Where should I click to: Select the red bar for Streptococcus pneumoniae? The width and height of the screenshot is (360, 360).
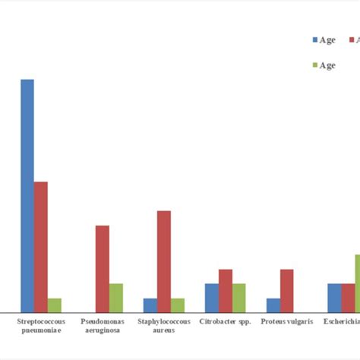tap(41, 246)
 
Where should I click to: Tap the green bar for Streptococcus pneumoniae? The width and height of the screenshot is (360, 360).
tap(55, 305)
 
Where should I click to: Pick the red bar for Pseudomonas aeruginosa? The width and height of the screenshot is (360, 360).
tap(103, 268)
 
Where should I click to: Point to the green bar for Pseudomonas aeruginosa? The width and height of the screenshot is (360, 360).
tap(116, 297)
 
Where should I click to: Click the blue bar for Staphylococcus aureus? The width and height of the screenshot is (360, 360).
tap(150, 305)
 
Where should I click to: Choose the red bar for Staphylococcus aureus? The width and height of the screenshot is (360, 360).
tap(164, 261)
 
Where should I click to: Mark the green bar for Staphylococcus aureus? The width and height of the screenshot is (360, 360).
tap(178, 305)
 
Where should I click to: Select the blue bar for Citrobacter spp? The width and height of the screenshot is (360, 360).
tap(212, 297)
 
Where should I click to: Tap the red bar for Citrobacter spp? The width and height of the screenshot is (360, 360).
tap(226, 290)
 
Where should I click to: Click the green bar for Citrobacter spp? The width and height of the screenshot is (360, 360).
tap(239, 297)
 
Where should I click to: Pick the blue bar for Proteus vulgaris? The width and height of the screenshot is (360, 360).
tap(273, 305)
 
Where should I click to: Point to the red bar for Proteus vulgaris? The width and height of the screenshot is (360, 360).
tap(287, 290)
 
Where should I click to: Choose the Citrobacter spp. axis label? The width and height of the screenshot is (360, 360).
tap(225, 322)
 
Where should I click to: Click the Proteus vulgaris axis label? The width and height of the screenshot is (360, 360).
tap(287, 322)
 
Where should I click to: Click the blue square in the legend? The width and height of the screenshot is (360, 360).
tap(314, 40)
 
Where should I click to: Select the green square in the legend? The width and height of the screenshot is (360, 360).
tap(314, 66)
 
